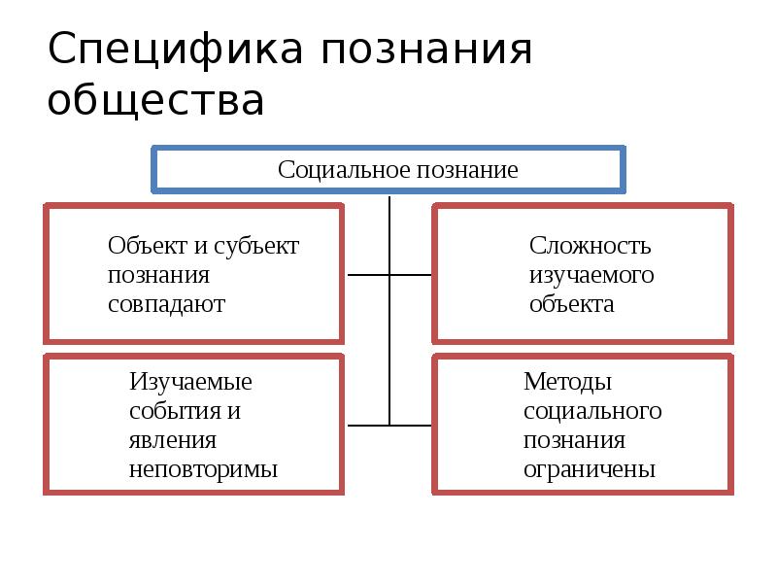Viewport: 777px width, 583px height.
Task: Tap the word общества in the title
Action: coord(155,101)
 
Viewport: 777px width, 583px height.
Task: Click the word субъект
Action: coord(260,246)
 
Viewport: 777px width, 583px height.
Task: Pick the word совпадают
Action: coord(166,304)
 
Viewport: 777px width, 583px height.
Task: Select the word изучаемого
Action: coord(591,275)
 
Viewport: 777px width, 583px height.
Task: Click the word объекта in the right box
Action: coord(571,304)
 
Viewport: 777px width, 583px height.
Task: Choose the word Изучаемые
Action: coord(190,381)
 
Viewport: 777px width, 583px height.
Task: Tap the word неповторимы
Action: coord(203,470)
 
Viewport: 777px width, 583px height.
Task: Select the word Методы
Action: coord(567,381)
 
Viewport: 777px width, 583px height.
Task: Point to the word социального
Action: coord(591,410)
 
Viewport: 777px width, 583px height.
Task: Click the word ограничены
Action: coord(590,470)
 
